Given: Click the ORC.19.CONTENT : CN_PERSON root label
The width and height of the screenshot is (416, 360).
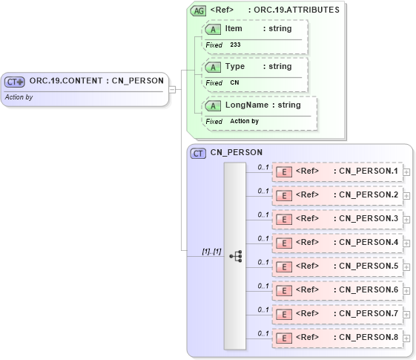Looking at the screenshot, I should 96,81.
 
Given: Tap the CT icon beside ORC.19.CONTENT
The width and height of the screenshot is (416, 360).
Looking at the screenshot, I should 15,82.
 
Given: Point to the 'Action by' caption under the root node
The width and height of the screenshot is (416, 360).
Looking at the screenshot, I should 19,96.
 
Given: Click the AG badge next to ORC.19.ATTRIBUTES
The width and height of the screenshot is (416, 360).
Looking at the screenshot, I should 199,10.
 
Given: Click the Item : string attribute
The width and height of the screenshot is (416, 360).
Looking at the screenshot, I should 258,28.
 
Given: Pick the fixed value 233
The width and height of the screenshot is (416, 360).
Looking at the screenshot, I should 235,45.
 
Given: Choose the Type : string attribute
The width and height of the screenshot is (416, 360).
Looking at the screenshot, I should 258,66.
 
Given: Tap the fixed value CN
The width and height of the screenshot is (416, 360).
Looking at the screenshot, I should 234,82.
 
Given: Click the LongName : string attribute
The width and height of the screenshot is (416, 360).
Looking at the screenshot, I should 263,105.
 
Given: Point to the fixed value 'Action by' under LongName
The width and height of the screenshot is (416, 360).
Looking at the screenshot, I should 244,121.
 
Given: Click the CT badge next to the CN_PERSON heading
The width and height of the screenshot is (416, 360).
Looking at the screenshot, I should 198,153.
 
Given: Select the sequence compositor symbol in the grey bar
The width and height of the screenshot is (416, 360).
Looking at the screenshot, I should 235,256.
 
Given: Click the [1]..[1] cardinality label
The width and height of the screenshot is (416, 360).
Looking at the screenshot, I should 211,252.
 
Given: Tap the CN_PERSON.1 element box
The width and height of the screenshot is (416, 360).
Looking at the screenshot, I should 337,171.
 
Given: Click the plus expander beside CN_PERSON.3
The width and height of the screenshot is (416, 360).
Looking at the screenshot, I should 406,219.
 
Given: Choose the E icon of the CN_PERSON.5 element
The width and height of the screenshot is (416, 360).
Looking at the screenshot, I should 283,266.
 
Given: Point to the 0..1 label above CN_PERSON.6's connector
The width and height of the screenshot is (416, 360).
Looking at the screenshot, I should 263,286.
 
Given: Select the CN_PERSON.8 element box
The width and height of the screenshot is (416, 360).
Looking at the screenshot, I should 337,338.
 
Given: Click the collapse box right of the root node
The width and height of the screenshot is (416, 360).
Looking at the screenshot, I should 172,90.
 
